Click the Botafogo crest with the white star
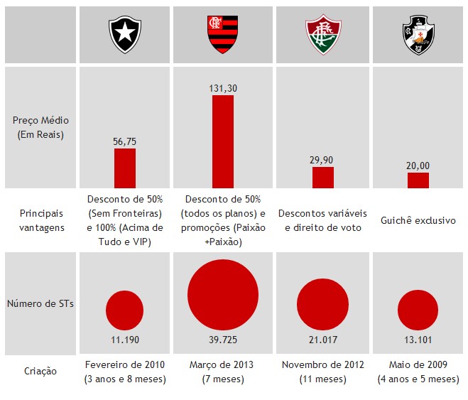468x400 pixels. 124,31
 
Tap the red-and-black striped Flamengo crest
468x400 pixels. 222,33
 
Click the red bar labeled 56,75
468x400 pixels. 124,168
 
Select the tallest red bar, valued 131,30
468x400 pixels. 222,141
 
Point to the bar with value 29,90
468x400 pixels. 323,178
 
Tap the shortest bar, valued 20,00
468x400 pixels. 418,180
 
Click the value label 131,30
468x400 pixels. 222,88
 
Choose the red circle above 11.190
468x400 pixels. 124,309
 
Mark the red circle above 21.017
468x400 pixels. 323,303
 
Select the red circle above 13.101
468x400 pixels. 418,310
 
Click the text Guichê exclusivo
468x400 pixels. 418,220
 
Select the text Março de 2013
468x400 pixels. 222,364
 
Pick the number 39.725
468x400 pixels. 222,338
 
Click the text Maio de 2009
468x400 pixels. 418,364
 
